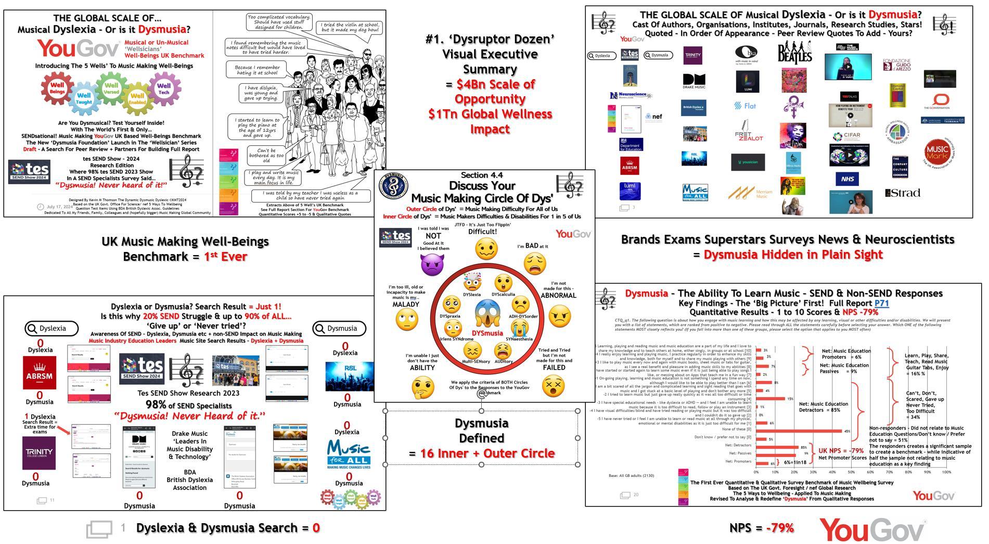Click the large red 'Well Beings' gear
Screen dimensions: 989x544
(x=57, y=88)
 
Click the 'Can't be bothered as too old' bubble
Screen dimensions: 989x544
(x=266, y=155)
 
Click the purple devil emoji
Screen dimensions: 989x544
(x=432, y=264)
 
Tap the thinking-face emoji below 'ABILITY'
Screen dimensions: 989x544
(x=422, y=387)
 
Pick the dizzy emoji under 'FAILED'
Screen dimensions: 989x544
(x=553, y=386)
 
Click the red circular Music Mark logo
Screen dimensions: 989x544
(x=937, y=153)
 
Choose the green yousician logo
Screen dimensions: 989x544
(x=748, y=162)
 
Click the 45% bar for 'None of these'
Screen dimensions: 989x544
(x=799, y=431)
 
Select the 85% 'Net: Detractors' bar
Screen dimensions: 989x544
(x=777, y=447)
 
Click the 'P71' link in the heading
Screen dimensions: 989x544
(x=881, y=303)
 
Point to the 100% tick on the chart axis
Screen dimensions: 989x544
(x=946, y=472)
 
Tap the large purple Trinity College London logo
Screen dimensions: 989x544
(x=40, y=453)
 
